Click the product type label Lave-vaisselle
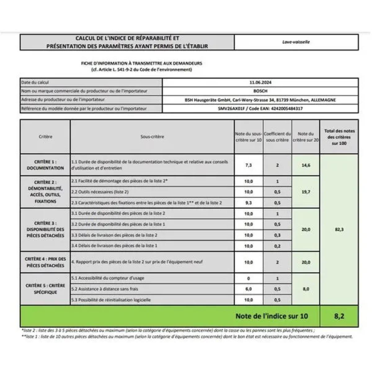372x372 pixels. [x=296, y=42]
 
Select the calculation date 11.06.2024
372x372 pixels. [x=260, y=82]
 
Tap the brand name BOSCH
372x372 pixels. [x=260, y=91]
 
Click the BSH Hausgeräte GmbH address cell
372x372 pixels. [x=260, y=100]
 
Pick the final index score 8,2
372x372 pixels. [x=339, y=316]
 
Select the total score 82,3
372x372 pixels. [x=339, y=230]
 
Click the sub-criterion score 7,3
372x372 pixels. [x=249, y=165]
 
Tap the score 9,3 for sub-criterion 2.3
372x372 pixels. [x=249, y=203]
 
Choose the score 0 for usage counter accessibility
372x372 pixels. [x=249, y=278]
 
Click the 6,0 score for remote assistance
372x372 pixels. [x=249, y=289]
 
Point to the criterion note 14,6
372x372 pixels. [x=306, y=165]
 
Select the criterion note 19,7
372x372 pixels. [x=306, y=192]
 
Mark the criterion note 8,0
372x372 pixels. [x=306, y=289]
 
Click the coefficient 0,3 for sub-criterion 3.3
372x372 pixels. [x=277, y=235]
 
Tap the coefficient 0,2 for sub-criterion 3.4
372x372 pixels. [x=277, y=246]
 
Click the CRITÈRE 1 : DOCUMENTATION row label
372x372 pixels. [x=45, y=165]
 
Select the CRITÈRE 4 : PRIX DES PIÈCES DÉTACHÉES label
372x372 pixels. [x=45, y=262]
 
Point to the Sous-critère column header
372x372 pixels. [x=152, y=137]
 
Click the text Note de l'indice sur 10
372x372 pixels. [x=272, y=316]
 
